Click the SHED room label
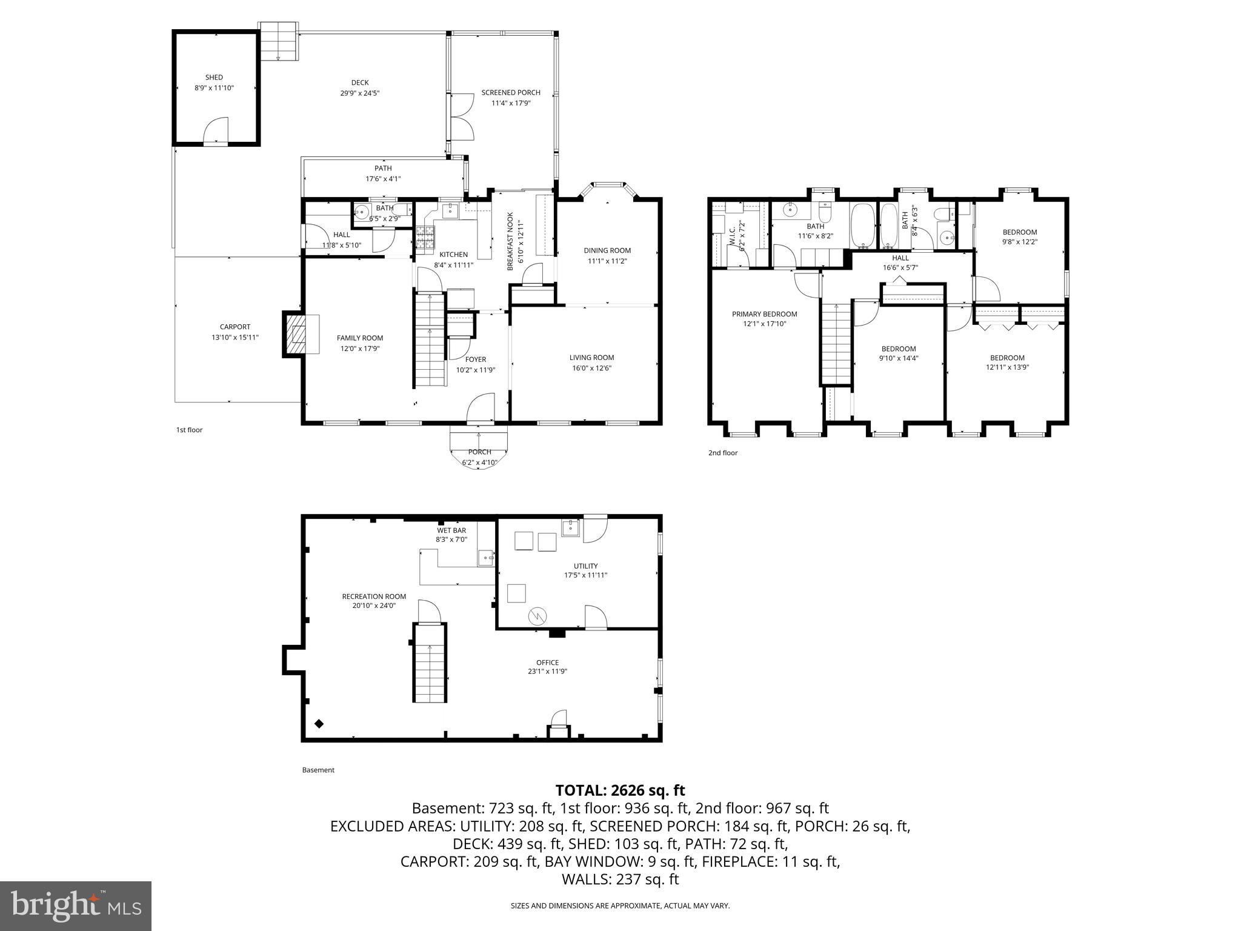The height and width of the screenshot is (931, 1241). pos(214,78)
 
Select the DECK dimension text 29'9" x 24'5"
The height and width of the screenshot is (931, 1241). pos(360,93)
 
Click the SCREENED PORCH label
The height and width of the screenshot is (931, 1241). pos(511,93)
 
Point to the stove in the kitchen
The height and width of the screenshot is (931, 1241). pos(425,238)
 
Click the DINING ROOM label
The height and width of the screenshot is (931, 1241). pos(607,250)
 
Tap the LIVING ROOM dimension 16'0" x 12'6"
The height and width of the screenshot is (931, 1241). pos(591,368)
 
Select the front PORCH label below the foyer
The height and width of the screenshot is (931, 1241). pos(479,452)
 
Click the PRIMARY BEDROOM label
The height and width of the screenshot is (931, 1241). pos(764,314)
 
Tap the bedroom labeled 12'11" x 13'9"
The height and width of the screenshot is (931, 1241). pos(1007,358)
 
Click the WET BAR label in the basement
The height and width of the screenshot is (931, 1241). pos(451,530)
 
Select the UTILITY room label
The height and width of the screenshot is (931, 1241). pos(585,566)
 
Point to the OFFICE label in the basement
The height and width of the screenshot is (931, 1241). pos(547,662)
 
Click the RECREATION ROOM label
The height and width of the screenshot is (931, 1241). pos(374,596)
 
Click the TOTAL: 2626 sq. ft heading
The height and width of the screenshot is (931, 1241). pos(620,790)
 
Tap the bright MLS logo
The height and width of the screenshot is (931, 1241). pos(76,906)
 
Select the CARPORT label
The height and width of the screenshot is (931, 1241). pos(235,327)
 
